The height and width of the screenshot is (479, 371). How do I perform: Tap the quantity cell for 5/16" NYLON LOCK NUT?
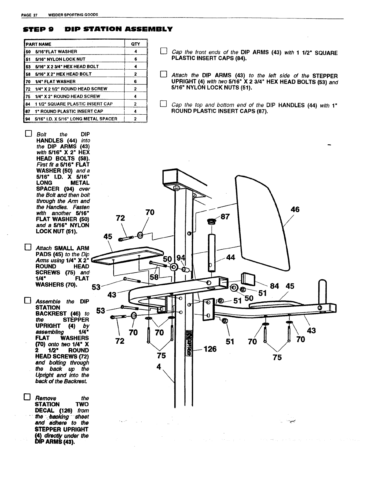tap(135, 59)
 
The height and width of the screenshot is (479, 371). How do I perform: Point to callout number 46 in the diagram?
tap(295, 209)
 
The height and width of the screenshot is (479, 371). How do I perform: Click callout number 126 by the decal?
tap(210, 349)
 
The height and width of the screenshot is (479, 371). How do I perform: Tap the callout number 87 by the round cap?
tap(225, 217)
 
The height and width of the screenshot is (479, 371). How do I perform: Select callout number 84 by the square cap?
tap(274, 286)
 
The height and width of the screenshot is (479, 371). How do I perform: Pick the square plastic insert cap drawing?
tap(248, 279)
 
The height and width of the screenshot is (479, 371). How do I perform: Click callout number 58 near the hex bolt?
tap(154, 277)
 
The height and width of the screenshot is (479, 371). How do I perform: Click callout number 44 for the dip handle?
tap(230, 258)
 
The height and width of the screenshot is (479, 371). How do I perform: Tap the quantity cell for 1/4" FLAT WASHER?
tap(135, 81)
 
